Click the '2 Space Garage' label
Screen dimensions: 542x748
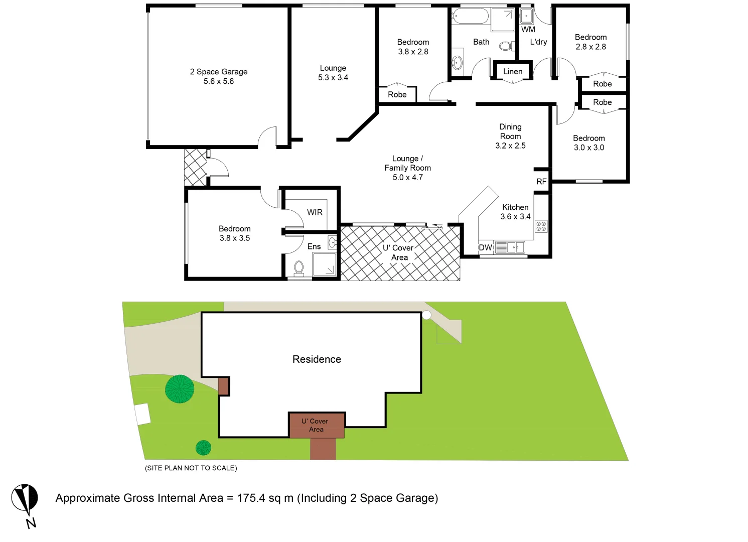pos(218,72)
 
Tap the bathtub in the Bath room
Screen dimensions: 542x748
pos(470,16)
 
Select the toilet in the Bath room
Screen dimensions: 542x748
pos(506,46)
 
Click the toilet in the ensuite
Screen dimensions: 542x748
pos(299,267)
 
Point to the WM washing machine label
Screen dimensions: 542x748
pos(528,30)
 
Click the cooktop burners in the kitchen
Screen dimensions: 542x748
pos(541,226)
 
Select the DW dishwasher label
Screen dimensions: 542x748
pos(485,247)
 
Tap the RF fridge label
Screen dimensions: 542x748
pos(541,182)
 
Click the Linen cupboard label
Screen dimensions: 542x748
pos(513,72)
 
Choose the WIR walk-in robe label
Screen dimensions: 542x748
pos(315,212)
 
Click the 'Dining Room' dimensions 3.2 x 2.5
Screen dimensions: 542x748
pos(510,146)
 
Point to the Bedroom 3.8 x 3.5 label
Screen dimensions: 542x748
pos(234,233)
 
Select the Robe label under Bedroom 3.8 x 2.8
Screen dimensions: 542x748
pos(397,94)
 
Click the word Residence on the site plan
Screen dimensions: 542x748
pos(317,359)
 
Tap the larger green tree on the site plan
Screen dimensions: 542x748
pos(180,389)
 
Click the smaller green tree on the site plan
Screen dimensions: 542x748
pos(203,448)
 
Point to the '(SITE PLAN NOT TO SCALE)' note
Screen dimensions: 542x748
pos(191,468)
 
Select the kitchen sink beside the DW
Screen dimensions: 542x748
pos(509,247)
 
